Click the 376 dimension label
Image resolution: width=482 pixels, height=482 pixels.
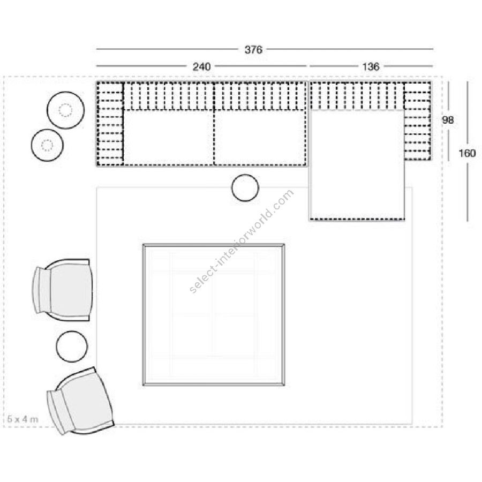(253, 49)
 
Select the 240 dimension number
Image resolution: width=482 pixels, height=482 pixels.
(201, 67)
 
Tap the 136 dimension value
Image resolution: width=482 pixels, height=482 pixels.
(371, 67)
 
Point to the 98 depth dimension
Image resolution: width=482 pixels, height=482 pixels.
(448, 120)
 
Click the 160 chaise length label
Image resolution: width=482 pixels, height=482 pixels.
(467, 153)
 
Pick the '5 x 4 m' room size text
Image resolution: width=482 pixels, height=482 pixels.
(22, 419)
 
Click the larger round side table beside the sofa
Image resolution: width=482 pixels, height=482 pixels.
(65, 110)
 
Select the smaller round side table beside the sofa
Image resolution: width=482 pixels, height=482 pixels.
(47, 145)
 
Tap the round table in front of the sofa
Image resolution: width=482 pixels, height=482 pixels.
(245, 188)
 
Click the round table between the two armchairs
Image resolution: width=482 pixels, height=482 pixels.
(72, 347)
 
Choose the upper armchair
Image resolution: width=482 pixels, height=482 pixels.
(63, 290)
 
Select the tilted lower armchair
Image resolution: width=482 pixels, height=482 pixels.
(80, 401)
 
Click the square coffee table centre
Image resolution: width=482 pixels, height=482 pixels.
(214, 314)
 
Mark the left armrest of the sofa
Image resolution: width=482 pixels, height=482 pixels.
(110, 124)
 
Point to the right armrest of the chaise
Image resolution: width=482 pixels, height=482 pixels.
(417, 121)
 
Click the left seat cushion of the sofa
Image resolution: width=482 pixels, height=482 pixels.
(169, 138)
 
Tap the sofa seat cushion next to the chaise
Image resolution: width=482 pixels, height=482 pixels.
(260, 138)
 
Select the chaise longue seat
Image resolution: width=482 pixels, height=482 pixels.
(357, 164)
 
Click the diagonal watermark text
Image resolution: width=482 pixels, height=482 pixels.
(242, 242)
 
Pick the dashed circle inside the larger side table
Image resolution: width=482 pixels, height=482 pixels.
(65, 110)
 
